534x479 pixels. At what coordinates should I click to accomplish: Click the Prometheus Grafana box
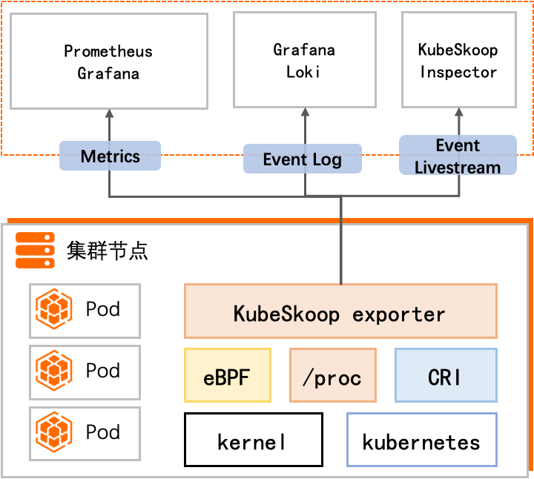[x=109, y=62]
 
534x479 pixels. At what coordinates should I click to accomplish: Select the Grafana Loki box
[x=305, y=60]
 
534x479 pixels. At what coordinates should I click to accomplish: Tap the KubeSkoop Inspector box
[x=459, y=60]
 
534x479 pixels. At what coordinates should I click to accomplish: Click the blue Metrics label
[x=110, y=156]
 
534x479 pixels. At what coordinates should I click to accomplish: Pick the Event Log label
[x=303, y=159]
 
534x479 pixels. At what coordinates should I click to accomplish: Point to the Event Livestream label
[x=458, y=155]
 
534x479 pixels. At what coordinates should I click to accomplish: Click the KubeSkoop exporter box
[x=340, y=311]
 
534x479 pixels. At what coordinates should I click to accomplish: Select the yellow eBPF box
[x=228, y=375]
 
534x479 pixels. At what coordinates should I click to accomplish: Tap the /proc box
[x=333, y=375]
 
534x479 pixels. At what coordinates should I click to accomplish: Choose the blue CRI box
[x=446, y=375]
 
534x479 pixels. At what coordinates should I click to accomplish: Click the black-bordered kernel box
[x=254, y=440]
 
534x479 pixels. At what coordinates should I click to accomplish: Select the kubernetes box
[x=422, y=440]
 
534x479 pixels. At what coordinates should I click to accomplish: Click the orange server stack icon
[x=35, y=250]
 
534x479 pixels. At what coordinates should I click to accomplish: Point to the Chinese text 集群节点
[x=108, y=251]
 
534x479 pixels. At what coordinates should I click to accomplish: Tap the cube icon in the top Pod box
[x=54, y=309]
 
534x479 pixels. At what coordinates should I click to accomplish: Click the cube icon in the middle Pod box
[x=54, y=371]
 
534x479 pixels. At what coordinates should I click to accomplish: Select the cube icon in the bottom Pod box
[x=54, y=432]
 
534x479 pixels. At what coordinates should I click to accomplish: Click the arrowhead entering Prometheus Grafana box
[x=109, y=113]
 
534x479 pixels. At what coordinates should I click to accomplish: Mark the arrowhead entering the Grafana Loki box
[x=305, y=112]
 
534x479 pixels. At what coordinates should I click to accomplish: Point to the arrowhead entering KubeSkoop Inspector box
[x=459, y=112]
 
